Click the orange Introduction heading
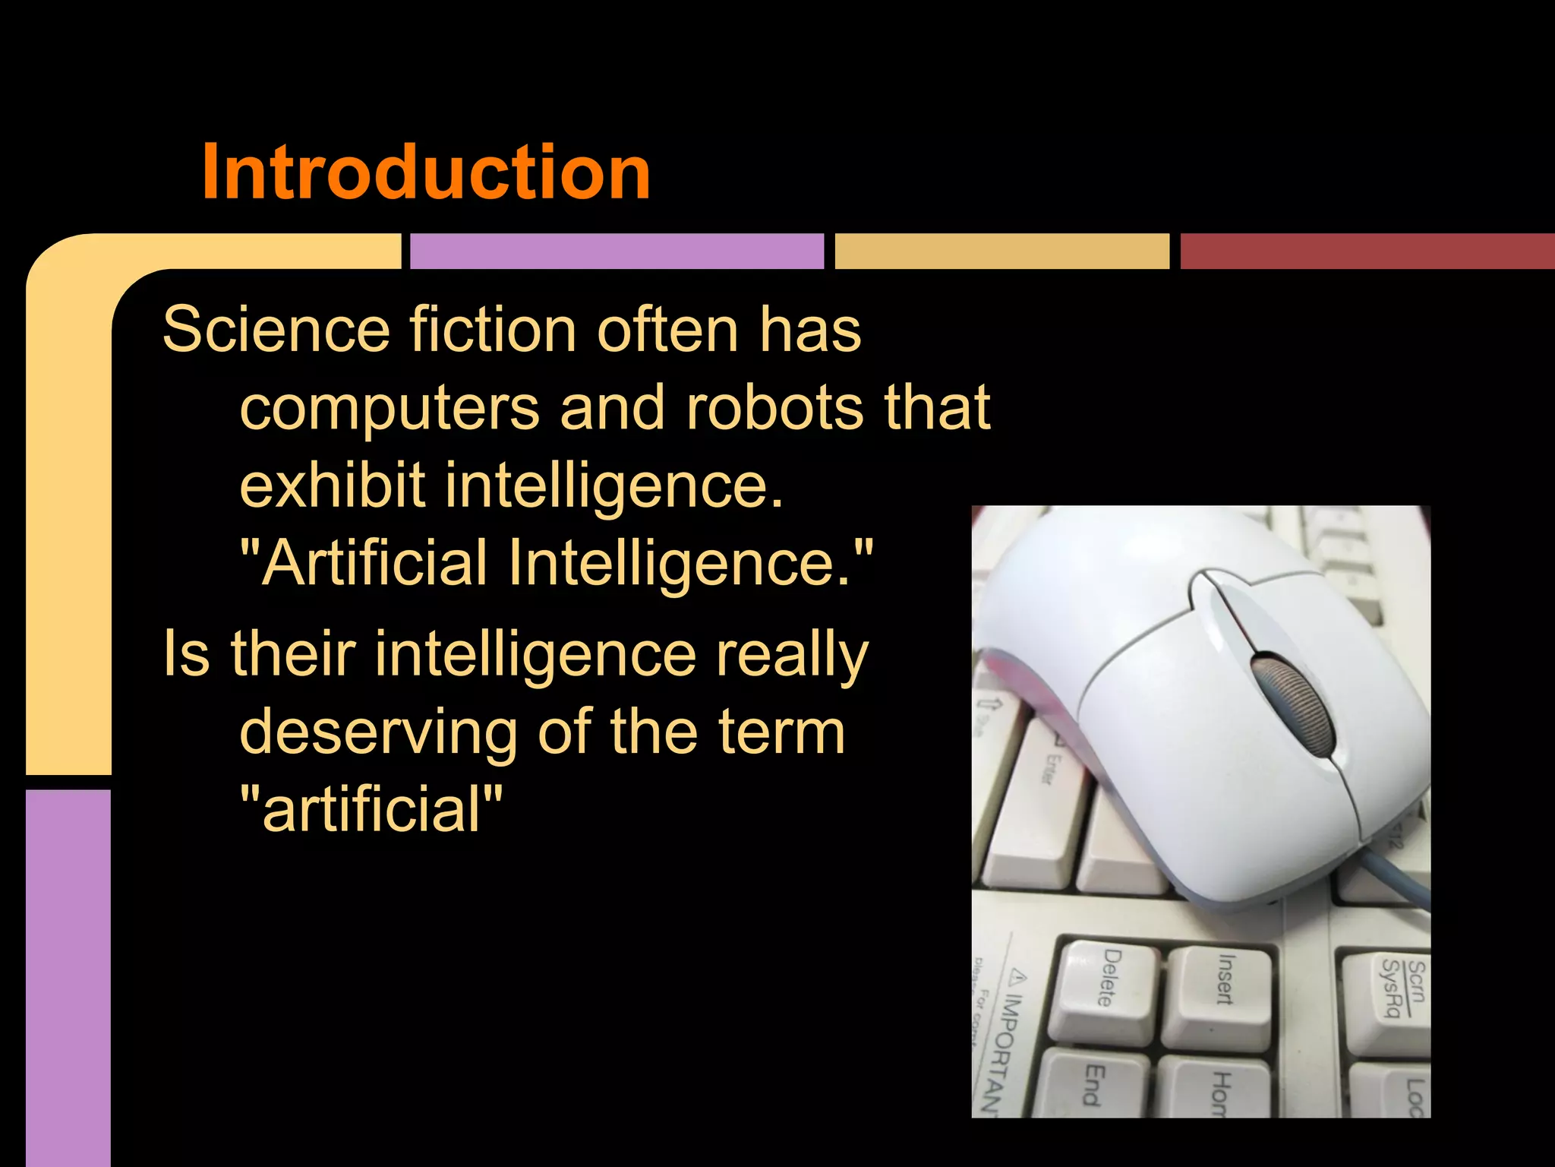click(425, 172)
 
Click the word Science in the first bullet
click(276, 330)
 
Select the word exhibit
click(333, 485)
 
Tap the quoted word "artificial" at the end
click(371, 808)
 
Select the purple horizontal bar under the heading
click(617, 251)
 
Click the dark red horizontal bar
click(1367, 251)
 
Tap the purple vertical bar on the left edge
click(68, 976)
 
